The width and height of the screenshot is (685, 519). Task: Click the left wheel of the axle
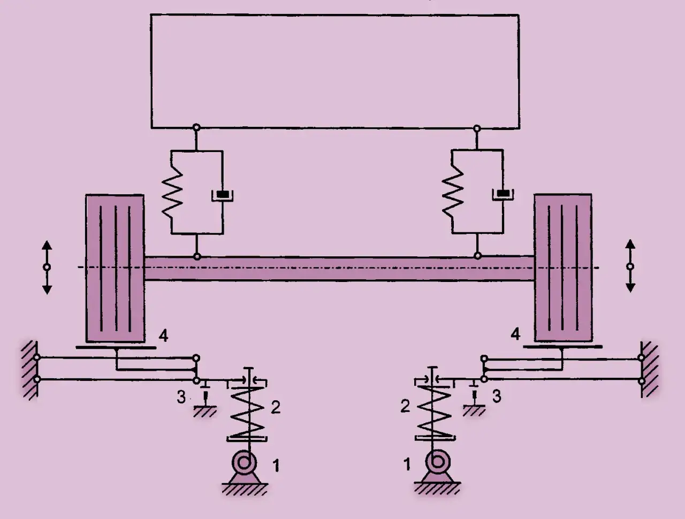point(115,269)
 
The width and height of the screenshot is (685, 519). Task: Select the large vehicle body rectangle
point(335,71)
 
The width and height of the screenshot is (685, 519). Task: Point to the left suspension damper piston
point(223,195)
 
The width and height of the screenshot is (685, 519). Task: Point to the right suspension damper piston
point(503,194)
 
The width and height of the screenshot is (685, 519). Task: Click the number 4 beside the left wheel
point(164,336)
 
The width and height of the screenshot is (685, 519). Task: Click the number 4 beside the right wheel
point(515,334)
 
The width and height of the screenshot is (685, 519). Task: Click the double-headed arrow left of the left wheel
point(47,268)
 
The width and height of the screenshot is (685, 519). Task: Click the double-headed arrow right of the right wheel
point(630,266)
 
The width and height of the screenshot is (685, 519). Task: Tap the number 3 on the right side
point(497,396)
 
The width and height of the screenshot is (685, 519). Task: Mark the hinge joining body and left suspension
point(196,127)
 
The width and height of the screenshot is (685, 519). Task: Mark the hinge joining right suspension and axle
point(477,256)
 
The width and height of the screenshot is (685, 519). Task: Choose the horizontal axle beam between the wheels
point(339,269)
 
